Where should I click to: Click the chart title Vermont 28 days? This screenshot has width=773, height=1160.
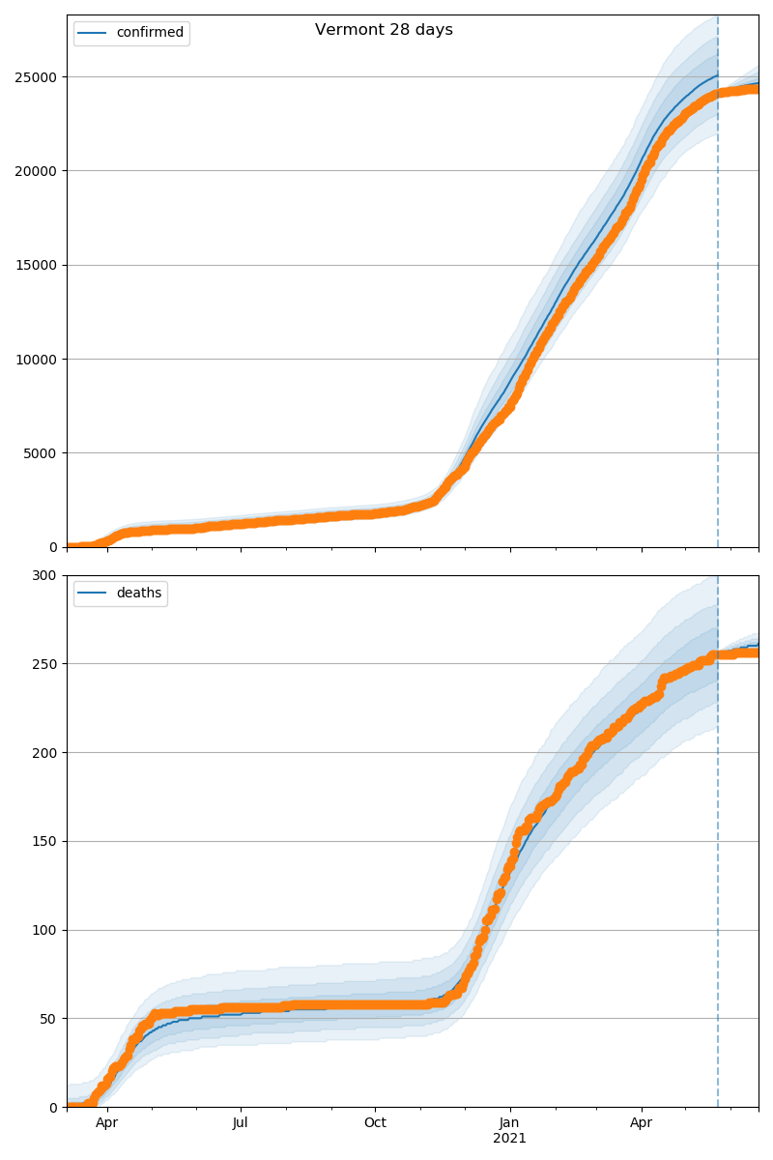(x=384, y=30)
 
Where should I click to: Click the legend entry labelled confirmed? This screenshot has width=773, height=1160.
(x=150, y=33)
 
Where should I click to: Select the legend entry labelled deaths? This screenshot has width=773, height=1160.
(x=139, y=594)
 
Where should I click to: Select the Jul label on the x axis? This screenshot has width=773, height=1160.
(x=241, y=1123)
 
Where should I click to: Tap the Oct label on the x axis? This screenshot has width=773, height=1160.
(x=375, y=1123)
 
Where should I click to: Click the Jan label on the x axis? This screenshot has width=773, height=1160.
(x=509, y=1123)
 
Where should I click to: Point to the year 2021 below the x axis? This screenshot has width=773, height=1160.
(x=509, y=1139)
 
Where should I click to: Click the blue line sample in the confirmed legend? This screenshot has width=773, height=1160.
(x=94, y=33)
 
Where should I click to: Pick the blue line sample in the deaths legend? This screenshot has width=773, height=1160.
(x=94, y=594)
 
